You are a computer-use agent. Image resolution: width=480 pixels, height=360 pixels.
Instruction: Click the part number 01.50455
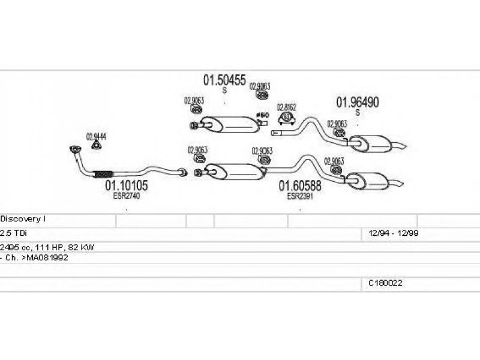(x=224, y=80)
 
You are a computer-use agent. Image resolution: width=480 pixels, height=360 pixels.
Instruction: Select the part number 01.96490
(x=357, y=103)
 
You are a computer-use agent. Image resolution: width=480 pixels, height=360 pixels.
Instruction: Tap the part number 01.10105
(x=127, y=186)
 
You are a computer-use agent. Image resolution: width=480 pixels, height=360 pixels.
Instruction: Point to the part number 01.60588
(x=299, y=187)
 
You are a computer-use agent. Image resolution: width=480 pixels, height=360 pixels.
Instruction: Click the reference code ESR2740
(x=126, y=196)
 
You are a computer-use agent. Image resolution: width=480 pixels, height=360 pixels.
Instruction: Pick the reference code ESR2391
(x=299, y=196)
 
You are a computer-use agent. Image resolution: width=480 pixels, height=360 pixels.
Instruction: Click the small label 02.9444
(x=96, y=136)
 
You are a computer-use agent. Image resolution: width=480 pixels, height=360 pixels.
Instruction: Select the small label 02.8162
(x=286, y=108)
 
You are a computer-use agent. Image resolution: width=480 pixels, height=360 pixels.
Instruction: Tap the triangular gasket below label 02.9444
(x=95, y=145)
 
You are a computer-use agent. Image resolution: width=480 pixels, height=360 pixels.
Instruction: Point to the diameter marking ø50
(x=262, y=115)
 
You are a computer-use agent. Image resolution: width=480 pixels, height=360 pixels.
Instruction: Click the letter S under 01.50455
(x=224, y=91)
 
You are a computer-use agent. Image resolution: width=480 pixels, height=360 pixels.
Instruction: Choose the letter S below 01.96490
(x=358, y=113)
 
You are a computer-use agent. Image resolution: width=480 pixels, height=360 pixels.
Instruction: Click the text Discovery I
(x=19, y=220)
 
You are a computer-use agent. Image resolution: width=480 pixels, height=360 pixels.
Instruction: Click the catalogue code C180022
(x=385, y=283)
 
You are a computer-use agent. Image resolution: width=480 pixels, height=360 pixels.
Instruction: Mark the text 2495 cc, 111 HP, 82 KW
(x=47, y=247)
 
